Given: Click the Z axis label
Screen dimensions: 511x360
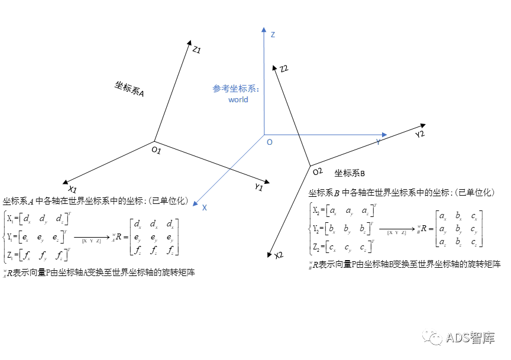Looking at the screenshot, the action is (x=273, y=35).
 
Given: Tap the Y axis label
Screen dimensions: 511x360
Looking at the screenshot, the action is (x=378, y=142).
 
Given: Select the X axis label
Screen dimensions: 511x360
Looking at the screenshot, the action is (x=205, y=208).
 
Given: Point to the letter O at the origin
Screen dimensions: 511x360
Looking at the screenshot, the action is (x=270, y=142).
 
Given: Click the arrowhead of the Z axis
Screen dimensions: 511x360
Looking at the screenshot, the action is (x=264, y=29).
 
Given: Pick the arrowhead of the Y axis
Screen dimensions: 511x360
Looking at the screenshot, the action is (x=384, y=135).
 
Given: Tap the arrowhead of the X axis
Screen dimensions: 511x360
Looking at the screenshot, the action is (x=195, y=204).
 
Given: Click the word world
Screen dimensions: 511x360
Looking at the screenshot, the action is (x=238, y=100).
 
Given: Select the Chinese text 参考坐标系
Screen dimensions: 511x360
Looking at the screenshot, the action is (x=235, y=89).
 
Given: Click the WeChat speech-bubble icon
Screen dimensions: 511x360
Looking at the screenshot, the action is (x=432, y=336).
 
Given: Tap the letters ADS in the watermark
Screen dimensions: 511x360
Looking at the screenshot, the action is (x=457, y=338).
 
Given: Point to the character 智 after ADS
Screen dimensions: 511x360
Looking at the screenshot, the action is (x=476, y=338).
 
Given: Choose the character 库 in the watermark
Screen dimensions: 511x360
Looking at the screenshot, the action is (x=488, y=338).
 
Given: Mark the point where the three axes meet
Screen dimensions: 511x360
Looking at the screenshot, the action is (x=264, y=135).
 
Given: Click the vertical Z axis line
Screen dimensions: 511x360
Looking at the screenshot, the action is (x=264, y=83).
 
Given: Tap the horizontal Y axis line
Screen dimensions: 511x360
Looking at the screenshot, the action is (x=325, y=135).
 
